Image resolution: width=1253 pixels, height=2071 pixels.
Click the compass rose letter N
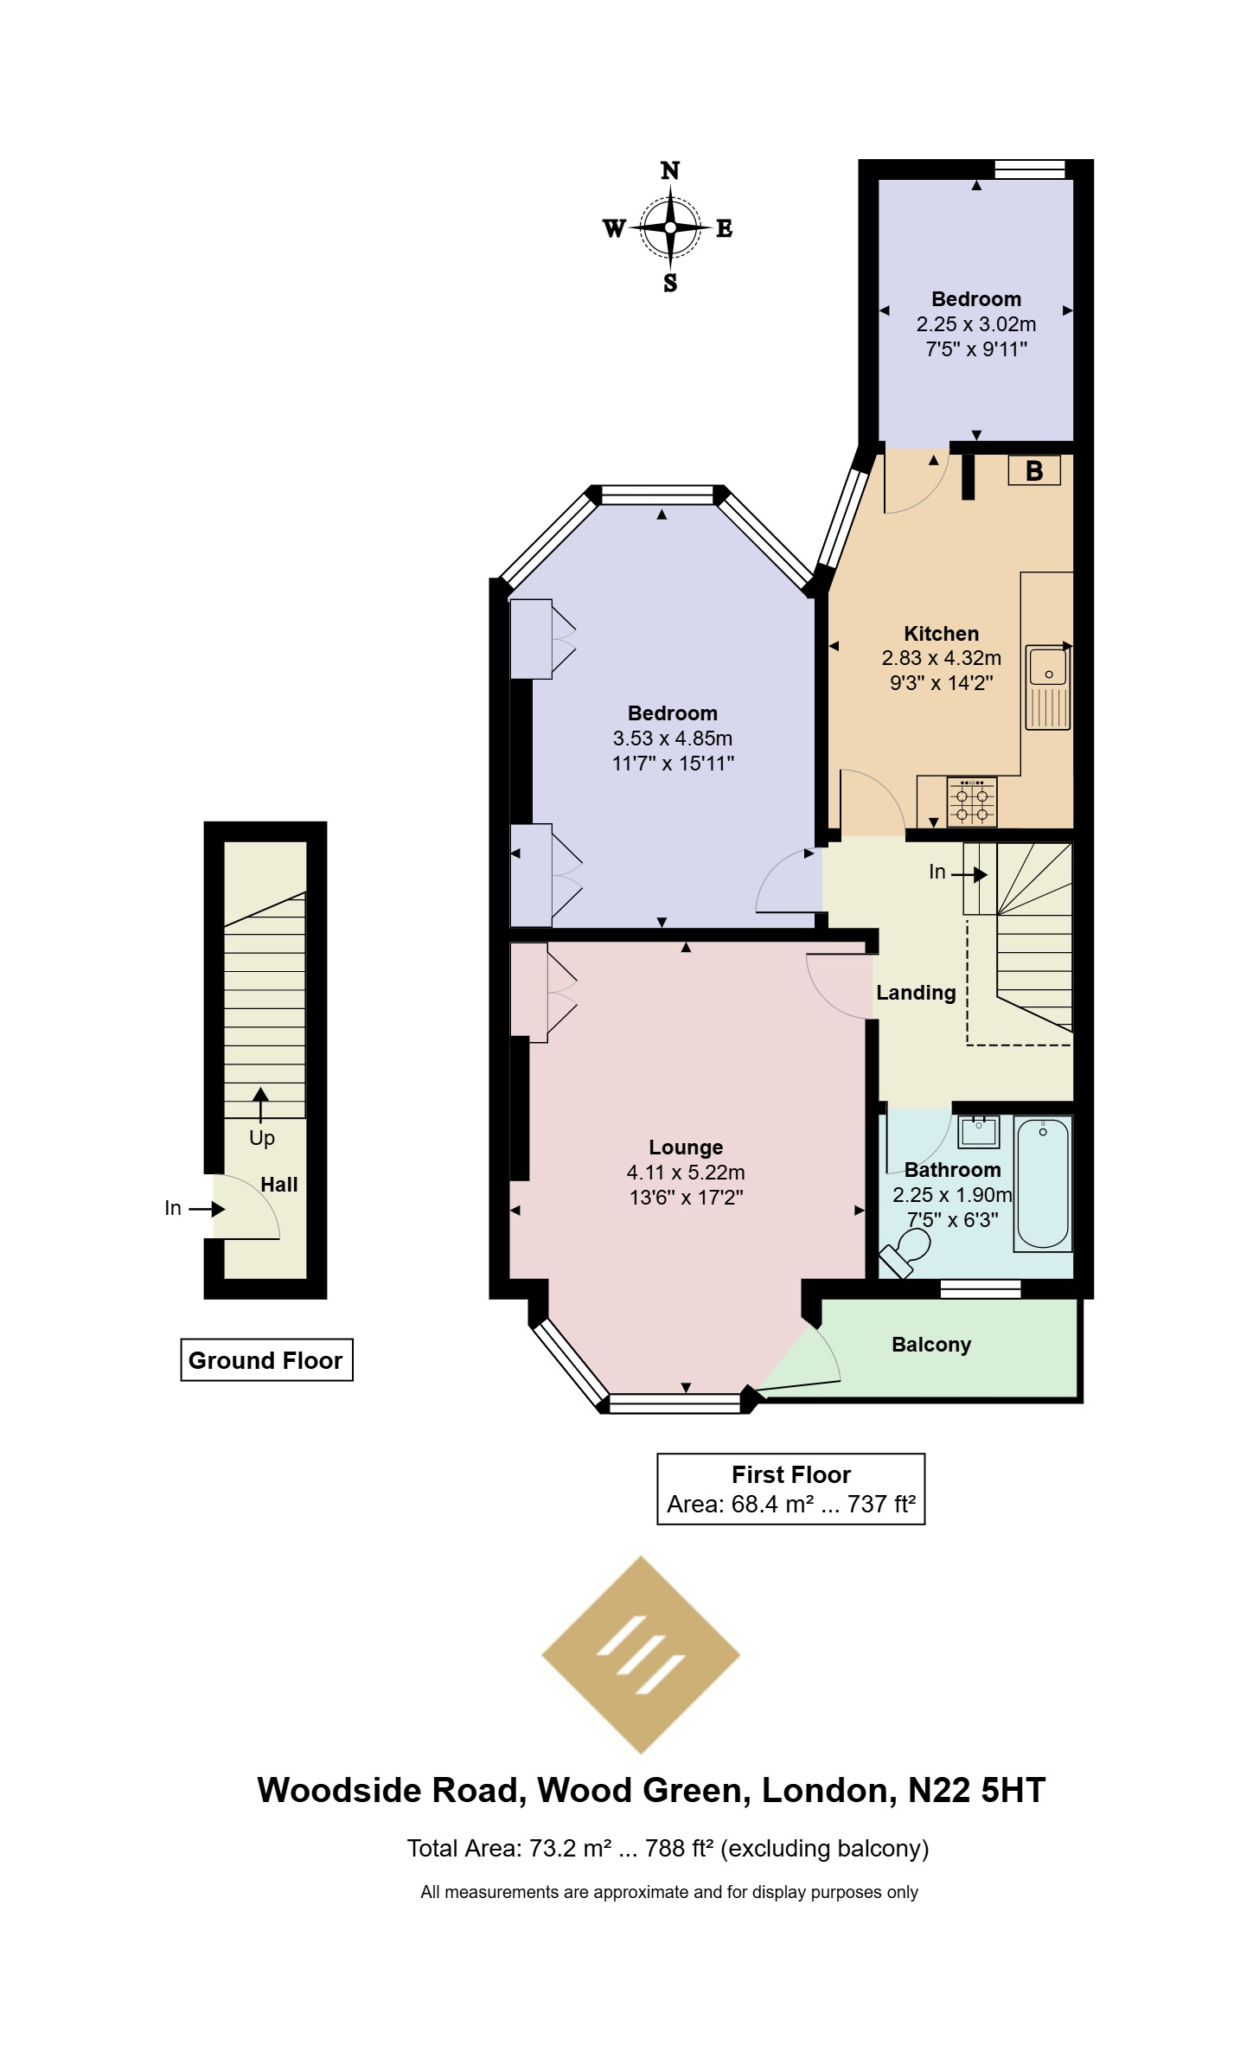coord(670,170)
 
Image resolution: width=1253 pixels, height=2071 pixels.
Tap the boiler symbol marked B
coord(1034,470)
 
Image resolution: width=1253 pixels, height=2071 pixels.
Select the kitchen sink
coord(1048,687)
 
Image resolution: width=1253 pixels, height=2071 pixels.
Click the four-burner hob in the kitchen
coord(972,802)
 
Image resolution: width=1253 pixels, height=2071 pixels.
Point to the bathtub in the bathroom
coord(1042,1183)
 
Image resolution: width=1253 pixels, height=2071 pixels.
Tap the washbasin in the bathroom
coord(979,1132)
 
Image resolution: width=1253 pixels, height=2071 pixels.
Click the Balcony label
coord(931,1345)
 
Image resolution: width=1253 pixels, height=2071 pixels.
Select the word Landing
coord(916,993)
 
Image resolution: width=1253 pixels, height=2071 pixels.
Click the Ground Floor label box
coord(266,1360)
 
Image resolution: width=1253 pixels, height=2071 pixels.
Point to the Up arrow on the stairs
coord(260,1105)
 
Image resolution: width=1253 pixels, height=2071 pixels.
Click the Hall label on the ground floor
coord(279,1185)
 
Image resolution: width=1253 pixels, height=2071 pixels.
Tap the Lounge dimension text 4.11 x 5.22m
coord(686,1173)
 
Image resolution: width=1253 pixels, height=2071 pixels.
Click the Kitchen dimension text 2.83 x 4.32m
coord(942,658)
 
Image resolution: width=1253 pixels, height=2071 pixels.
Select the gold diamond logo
coord(641,1655)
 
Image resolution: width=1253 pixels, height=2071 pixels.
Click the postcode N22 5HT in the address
coord(977,1790)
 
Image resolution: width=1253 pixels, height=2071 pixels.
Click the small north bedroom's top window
coord(1030,169)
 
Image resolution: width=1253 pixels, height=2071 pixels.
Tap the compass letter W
coord(614,228)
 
